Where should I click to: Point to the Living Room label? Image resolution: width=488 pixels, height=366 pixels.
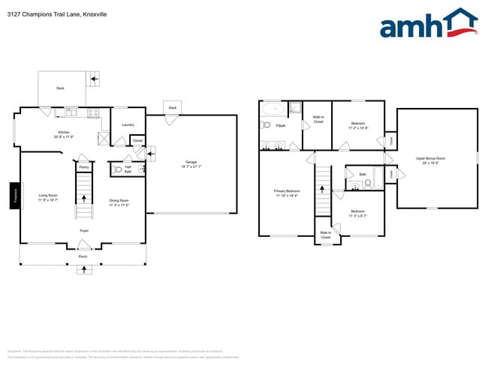[49, 197]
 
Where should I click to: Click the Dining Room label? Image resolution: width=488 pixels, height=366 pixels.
[119, 202]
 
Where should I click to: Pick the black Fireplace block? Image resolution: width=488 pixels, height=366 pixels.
[15, 196]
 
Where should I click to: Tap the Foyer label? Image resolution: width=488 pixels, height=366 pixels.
[84, 230]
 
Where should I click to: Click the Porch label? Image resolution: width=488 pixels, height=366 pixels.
[83, 256]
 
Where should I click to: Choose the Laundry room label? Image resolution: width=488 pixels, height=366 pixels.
[128, 124]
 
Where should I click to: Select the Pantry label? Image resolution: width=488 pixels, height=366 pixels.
[84, 166]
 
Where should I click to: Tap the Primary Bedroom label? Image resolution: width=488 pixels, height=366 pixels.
[285, 193]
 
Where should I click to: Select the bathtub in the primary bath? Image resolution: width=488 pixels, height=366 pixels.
[274, 109]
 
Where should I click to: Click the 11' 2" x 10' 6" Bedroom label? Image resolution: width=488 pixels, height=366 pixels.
[357, 125]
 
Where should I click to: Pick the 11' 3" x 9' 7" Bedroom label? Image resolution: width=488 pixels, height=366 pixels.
[357, 213]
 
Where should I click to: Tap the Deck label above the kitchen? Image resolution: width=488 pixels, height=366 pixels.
[60, 88]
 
